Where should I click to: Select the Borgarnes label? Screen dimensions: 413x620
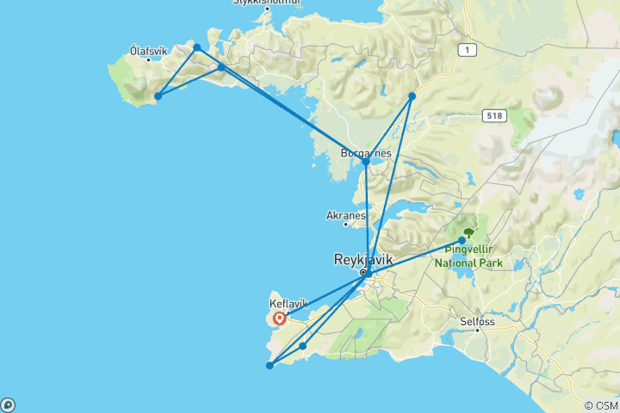pyautogui.click(x=366, y=153)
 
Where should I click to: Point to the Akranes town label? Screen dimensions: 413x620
pyautogui.click(x=347, y=215)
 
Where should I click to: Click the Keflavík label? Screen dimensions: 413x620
pyautogui.click(x=288, y=304)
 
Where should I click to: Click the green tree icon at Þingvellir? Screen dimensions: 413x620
pyautogui.click(x=468, y=232)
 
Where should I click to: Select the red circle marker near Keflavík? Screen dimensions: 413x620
pyautogui.click(x=280, y=319)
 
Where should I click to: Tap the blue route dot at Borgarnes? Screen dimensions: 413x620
pyautogui.click(x=366, y=162)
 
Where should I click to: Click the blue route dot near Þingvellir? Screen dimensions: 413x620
pyautogui.click(x=462, y=241)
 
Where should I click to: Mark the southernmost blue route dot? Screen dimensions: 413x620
pyautogui.click(x=270, y=366)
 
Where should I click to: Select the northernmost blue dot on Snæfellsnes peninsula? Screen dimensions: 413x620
pyautogui.click(x=197, y=47)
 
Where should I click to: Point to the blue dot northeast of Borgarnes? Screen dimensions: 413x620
pyautogui.click(x=412, y=96)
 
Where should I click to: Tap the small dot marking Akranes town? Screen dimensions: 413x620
pyautogui.click(x=346, y=225)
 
